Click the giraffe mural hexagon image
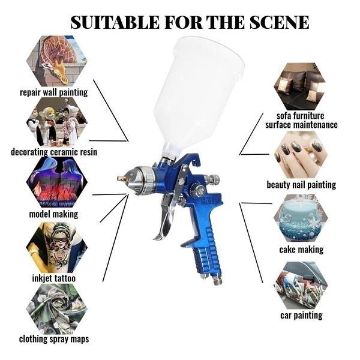[x=56, y=61]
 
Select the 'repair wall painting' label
[x=53, y=92]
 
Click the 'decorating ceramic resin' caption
[x=54, y=152]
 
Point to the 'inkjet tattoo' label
[x=53, y=278]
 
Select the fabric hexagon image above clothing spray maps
[x=56, y=308]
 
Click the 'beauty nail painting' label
[x=301, y=185]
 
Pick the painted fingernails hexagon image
[x=300, y=155]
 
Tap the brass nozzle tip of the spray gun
[x=121, y=179]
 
